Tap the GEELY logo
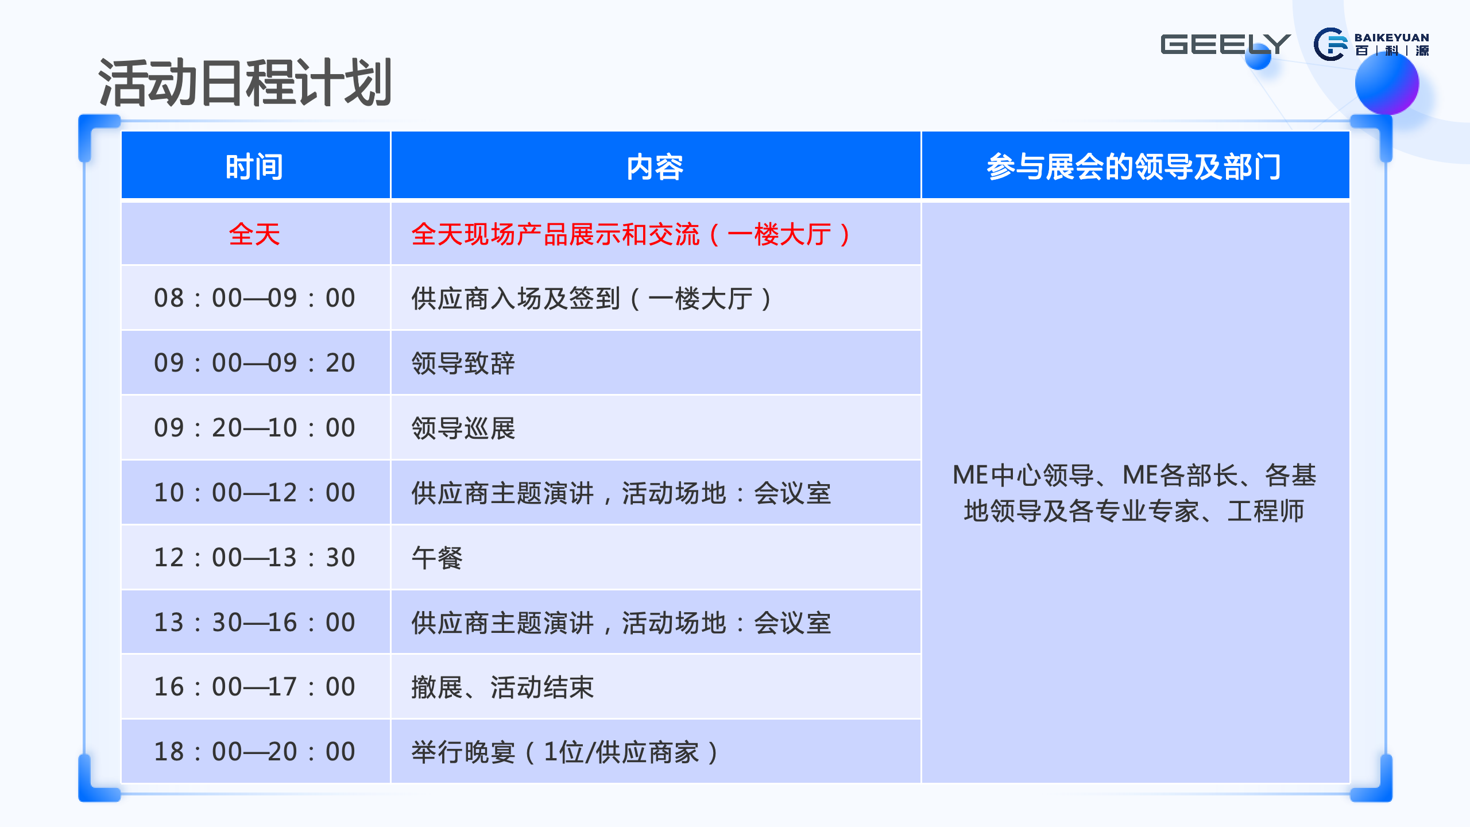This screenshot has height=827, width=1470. click(1225, 44)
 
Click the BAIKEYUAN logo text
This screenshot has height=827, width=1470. click(1391, 38)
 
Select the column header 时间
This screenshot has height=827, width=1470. click(254, 167)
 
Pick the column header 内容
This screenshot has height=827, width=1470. click(655, 167)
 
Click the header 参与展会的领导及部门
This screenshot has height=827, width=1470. click(1134, 167)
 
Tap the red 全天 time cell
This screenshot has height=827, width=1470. click(254, 234)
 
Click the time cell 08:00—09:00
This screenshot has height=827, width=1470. click(254, 298)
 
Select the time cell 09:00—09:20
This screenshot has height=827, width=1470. click(254, 363)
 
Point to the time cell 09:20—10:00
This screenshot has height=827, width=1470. click(254, 428)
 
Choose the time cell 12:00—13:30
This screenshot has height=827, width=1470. click(254, 558)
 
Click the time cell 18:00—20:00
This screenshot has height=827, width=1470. click(254, 752)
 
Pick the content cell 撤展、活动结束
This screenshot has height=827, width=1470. click(502, 687)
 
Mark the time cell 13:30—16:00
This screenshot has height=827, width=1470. click(254, 623)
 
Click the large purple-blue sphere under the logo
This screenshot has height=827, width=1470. click(1387, 83)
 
